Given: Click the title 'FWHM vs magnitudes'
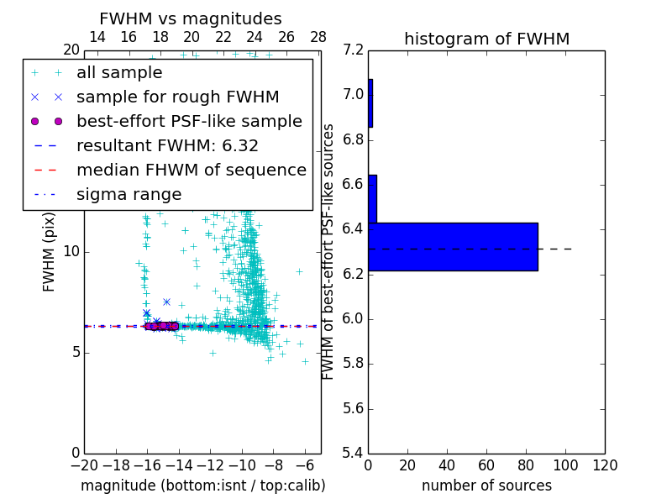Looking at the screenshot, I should pos(191,18).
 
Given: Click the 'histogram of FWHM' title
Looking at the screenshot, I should pos(486,39).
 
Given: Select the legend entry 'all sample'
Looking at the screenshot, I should pos(119,73).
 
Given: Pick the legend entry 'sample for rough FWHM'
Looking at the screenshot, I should pos(177,97).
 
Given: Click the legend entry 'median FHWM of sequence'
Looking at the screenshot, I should pos(191,170).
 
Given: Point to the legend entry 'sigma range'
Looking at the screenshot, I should pos(129,194).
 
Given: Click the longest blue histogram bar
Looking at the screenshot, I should pos(453,246).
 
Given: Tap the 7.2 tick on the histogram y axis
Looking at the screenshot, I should pos(353,50).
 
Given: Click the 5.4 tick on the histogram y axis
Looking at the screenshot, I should pos(353,453).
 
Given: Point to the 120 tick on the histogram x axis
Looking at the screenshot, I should pos(605,465).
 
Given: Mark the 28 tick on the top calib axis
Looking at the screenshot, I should pos(318,37).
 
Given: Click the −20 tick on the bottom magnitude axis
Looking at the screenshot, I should pos(84,465).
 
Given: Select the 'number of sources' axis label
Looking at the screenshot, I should pos(486,486).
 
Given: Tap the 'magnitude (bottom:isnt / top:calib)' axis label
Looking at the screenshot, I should pos(202,486).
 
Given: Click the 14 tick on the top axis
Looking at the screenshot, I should pos(97,37).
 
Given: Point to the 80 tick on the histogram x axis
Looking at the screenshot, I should pos(526,465).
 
